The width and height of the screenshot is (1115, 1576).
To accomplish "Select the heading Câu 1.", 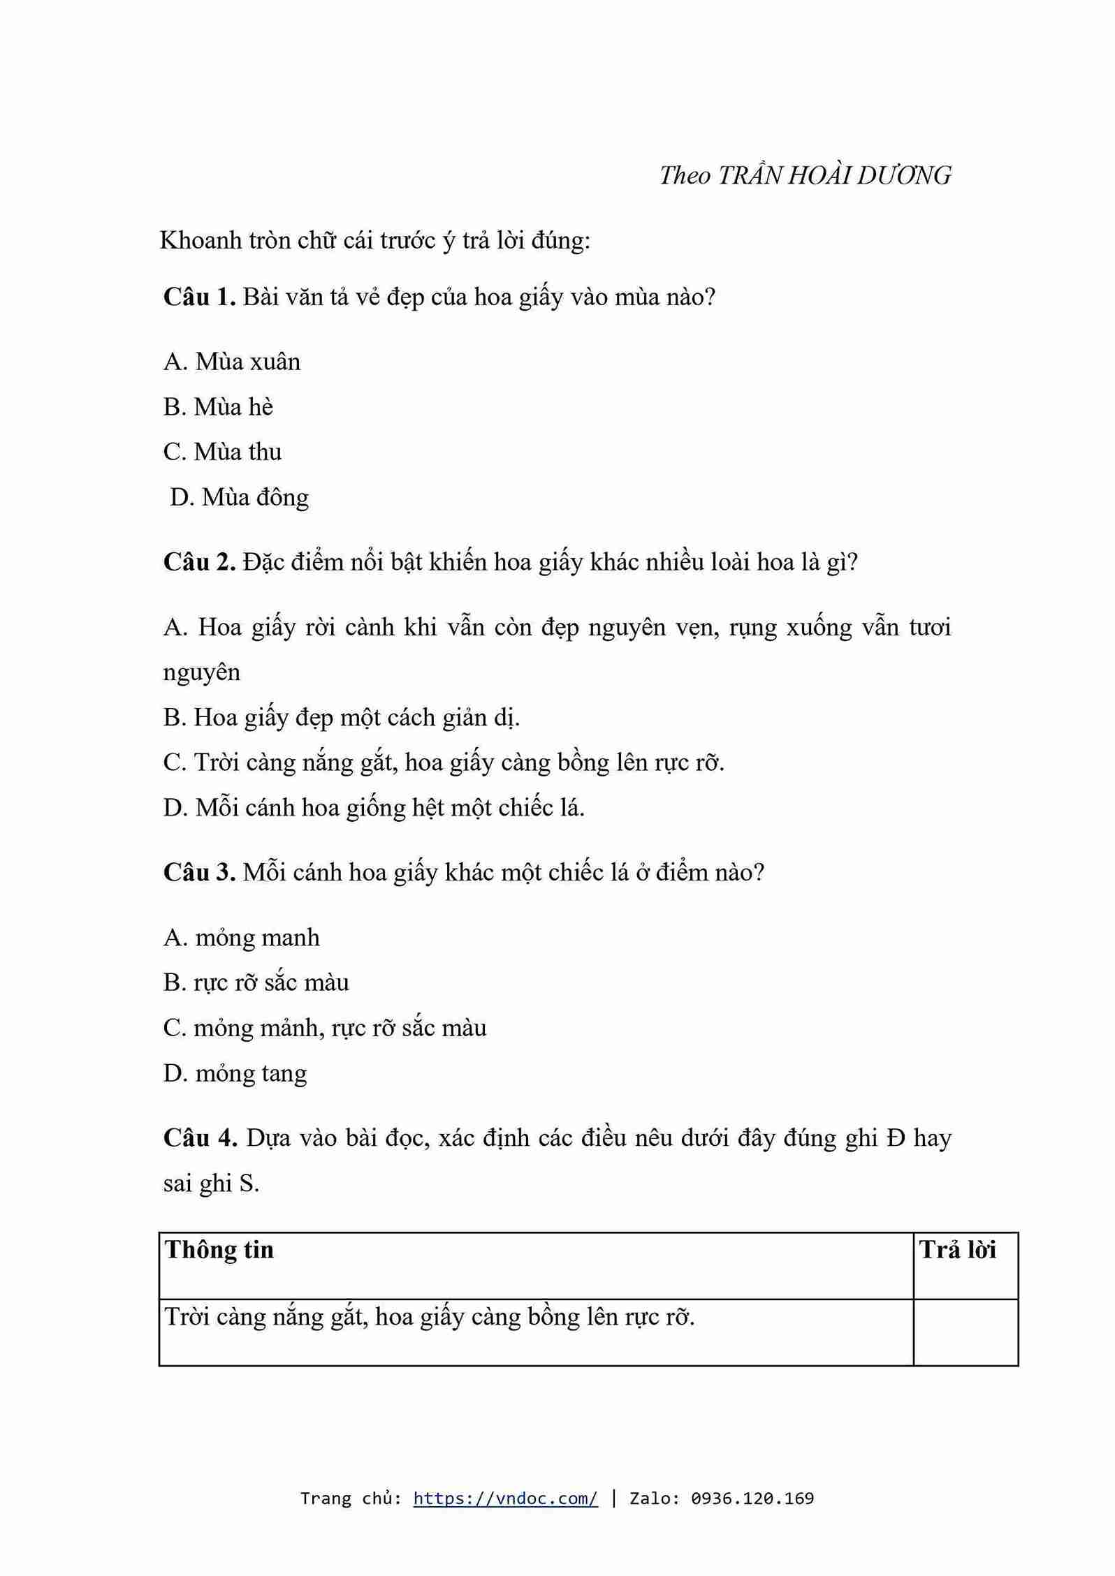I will [x=199, y=297].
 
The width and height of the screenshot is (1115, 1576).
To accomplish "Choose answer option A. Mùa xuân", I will [x=232, y=362].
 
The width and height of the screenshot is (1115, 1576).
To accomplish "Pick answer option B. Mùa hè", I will [x=218, y=407].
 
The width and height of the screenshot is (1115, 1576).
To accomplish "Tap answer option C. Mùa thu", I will [x=222, y=452].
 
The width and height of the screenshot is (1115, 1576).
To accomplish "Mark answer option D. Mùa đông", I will [x=239, y=497].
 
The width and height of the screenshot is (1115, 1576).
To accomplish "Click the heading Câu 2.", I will [x=199, y=561].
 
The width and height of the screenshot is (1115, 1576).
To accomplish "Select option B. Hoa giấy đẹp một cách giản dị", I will [x=342, y=717].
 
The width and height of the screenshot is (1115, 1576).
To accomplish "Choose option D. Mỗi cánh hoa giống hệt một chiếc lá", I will [x=374, y=807].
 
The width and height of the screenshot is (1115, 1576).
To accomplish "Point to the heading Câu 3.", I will [x=199, y=872].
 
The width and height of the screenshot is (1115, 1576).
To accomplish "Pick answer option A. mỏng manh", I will [x=242, y=937].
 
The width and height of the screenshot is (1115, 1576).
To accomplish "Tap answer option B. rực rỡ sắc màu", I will [x=256, y=982].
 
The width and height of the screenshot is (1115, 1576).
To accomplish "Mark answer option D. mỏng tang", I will [x=235, y=1073].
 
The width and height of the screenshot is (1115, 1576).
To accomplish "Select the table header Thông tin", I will [x=219, y=1250].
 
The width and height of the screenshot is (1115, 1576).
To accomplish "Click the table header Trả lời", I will [x=958, y=1250].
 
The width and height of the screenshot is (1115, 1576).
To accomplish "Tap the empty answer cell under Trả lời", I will [x=965, y=1332].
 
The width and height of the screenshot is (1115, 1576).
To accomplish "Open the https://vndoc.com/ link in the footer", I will [x=505, y=1498].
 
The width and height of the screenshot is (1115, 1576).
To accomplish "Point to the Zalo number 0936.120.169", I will [x=752, y=1498].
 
